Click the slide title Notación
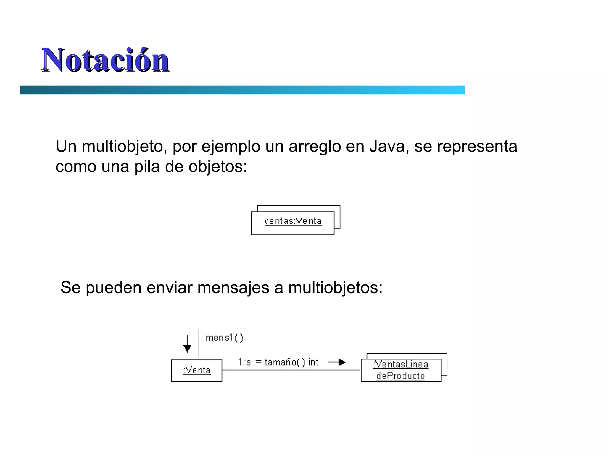(x=105, y=60)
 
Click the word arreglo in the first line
(x=315, y=146)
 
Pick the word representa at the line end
(x=477, y=146)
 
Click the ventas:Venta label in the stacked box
(x=293, y=221)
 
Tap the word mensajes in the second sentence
(x=233, y=287)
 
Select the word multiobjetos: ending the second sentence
(x=335, y=287)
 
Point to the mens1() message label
(x=224, y=338)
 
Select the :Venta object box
(x=196, y=371)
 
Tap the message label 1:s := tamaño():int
(x=278, y=362)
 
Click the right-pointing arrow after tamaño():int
(x=338, y=362)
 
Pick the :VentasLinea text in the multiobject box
(x=401, y=365)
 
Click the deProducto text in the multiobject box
(x=400, y=376)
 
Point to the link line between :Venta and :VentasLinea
(x=291, y=370)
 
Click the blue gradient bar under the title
(x=242, y=90)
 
